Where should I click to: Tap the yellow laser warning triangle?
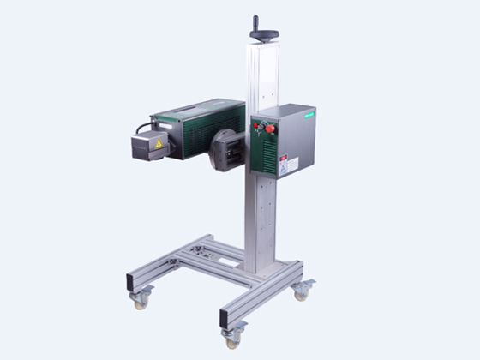tap(159, 144)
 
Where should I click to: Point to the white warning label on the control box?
tap(289, 164)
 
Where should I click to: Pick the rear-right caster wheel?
tap(301, 293)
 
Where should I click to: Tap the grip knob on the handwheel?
tap(255, 21)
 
